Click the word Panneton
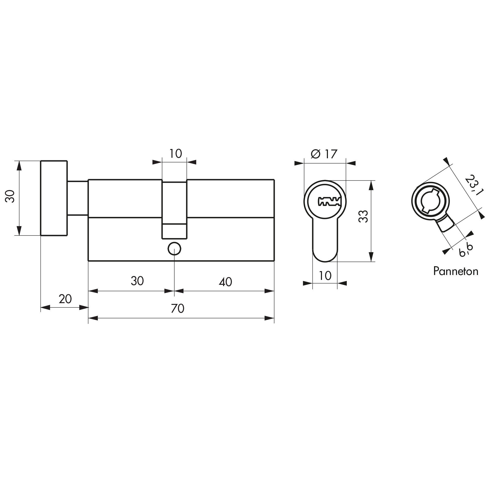click(x=455, y=271)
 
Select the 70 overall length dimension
click(x=178, y=309)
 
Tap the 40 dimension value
click(x=225, y=282)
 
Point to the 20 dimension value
click(x=65, y=299)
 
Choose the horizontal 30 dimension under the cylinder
click(x=137, y=281)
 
